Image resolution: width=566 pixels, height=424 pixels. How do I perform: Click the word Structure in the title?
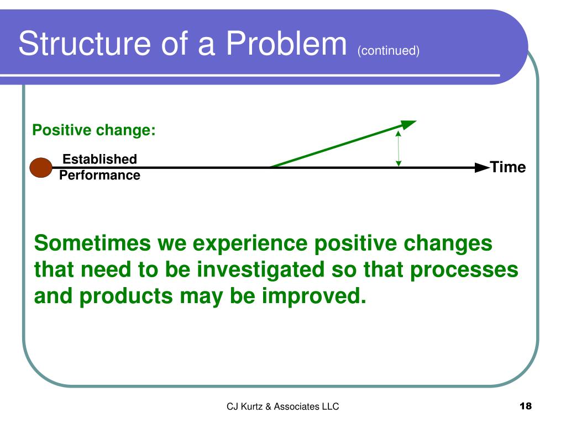tap(85, 43)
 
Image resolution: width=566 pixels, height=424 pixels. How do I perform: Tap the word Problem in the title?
tap(286, 43)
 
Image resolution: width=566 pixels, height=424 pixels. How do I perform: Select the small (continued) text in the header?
tap(389, 50)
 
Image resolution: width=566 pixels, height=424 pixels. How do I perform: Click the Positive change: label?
tap(94, 130)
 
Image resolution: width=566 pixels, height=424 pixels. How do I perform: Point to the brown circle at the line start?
tap(41, 168)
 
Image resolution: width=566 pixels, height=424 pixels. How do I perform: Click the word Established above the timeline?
tap(99, 159)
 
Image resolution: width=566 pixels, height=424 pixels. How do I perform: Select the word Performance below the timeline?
tap(99, 175)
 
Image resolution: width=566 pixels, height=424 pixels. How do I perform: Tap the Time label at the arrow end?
tap(508, 167)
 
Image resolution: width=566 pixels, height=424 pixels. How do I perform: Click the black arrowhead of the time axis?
tap(482, 168)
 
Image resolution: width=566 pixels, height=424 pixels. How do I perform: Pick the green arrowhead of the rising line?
tap(408, 124)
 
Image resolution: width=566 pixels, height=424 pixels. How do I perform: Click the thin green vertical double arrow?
tap(399, 149)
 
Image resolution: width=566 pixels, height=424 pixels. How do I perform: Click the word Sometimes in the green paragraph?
tap(92, 243)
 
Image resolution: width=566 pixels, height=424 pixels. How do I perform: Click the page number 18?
tap(526, 406)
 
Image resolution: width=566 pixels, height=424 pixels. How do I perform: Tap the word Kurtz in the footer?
tap(251, 407)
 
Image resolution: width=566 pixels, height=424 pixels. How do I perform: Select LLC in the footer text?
tap(331, 407)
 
